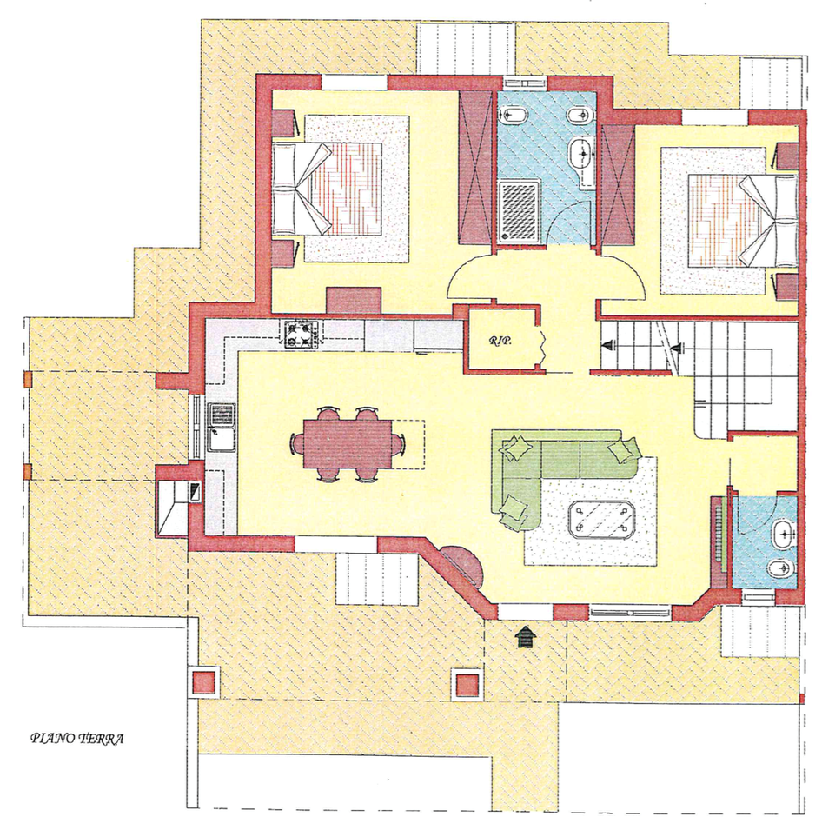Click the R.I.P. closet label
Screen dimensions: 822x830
coord(500,342)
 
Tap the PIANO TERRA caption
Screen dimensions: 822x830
coord(77,739)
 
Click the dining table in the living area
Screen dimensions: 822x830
coord(348,443)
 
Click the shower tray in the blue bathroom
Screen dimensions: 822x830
coord(520,210)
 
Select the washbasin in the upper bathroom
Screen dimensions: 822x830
coord(583,154)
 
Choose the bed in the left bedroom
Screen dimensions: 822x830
coord(327,188)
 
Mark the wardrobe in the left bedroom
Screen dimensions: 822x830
coord(475,168)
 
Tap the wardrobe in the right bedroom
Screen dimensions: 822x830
coord(618,185)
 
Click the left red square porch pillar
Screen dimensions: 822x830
coord(204,682)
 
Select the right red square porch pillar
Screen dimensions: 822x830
coord(467,683)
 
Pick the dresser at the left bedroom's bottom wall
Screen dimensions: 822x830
coord(354,300)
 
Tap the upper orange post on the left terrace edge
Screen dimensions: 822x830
coord(28,379)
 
